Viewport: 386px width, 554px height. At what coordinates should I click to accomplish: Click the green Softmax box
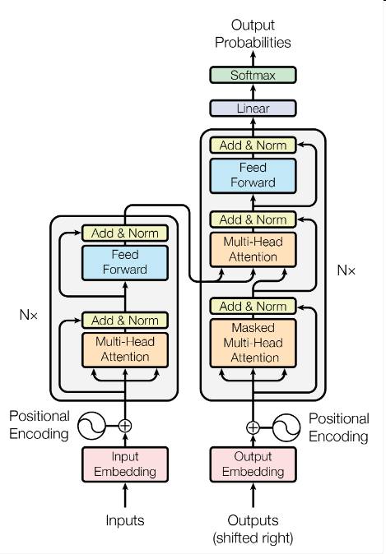[x=253, y=76]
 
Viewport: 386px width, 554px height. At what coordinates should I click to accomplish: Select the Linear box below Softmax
[x=253, y=108]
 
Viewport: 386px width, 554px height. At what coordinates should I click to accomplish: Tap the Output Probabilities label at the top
[x=253, y=34]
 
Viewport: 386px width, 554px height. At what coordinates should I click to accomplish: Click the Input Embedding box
[x=125, y=464]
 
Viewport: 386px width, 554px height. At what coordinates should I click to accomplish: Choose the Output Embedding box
[x=253, y=464]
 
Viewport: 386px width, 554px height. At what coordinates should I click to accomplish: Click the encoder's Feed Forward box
[x=125, y=262]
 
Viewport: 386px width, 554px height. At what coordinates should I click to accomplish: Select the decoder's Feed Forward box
[x=253, y=175]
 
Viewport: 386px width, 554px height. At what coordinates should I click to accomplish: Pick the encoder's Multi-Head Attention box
[x=125, y=349]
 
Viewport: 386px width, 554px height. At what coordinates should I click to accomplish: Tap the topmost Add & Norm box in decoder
[x=253, y=145]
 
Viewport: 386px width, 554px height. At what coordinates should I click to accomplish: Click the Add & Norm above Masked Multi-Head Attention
[x=253, y=307]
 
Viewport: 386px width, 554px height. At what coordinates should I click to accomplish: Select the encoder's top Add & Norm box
[x=125, y=233]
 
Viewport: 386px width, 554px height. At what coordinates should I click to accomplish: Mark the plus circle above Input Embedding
[x=125, y=426]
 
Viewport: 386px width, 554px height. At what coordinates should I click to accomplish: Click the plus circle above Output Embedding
[x=253, y=427]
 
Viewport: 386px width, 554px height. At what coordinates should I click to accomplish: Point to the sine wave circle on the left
[x=91, y=426]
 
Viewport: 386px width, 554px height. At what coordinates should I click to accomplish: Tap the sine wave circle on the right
[x=286, y=427]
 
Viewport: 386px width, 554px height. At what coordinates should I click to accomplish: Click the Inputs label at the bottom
[x=125, y=520]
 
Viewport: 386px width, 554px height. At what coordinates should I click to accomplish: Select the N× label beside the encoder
[x=30, y=314]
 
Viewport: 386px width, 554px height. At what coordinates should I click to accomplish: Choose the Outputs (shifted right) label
[x=253, y=529]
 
